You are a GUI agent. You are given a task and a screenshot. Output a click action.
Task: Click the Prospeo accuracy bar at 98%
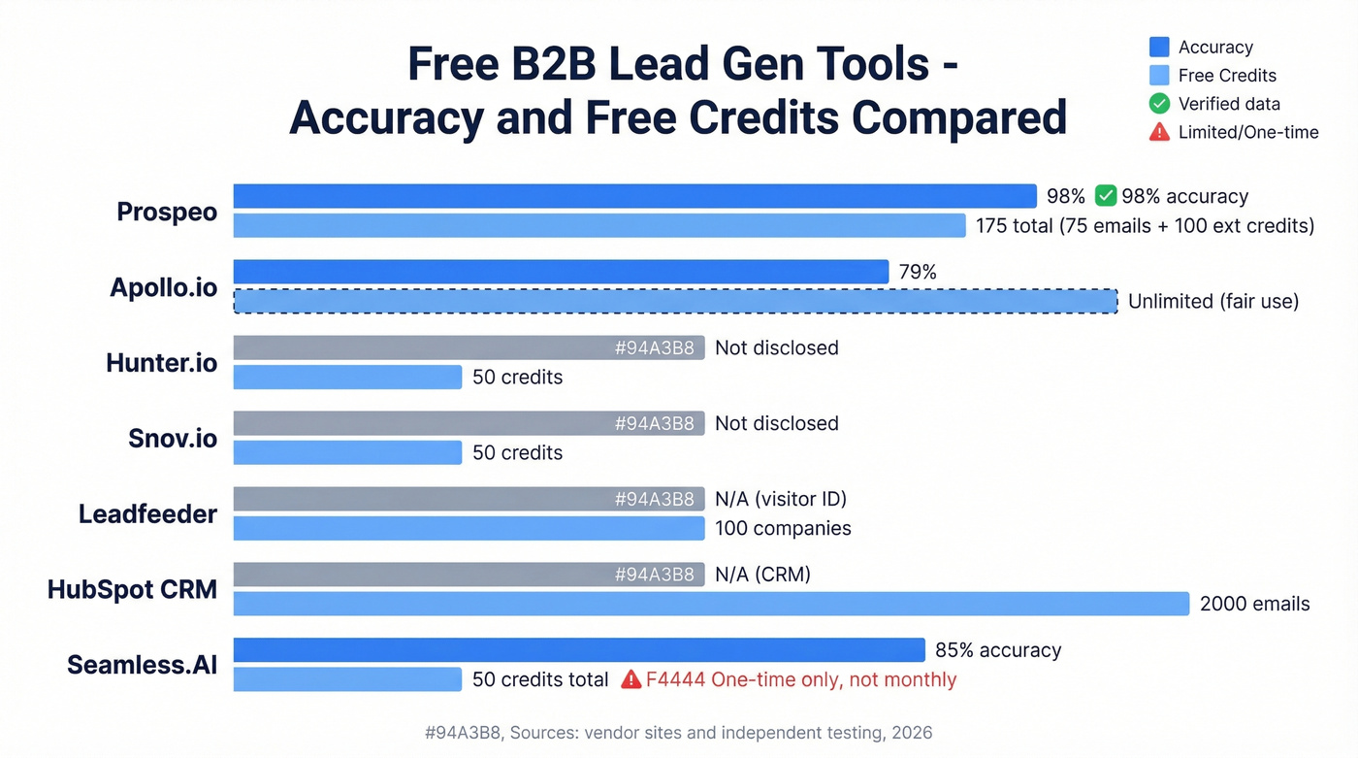635,196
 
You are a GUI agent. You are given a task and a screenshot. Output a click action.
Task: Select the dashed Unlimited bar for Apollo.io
675,301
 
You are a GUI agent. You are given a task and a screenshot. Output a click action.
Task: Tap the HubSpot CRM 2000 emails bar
711,604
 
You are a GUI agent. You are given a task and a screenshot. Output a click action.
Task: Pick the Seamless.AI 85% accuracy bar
579,650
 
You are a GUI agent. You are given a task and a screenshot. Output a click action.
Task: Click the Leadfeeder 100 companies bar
469,528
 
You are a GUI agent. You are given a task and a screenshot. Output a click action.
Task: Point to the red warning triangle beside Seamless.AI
630,679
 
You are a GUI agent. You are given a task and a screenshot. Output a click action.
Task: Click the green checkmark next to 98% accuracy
1105,196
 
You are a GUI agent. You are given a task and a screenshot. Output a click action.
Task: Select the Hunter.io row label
161,363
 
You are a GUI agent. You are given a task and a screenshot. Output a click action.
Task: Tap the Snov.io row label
173,439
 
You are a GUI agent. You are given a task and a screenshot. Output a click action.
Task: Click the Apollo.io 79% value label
918,272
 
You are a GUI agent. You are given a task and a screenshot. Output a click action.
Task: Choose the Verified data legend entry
1229,104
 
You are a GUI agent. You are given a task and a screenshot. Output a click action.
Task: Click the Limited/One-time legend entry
1247,132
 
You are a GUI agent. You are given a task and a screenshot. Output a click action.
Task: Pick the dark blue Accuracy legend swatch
1159,47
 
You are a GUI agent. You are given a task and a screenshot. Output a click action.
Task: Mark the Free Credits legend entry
1227,75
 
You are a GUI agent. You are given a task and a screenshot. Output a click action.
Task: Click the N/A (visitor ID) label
781,499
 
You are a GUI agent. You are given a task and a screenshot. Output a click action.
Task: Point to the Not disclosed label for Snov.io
776,423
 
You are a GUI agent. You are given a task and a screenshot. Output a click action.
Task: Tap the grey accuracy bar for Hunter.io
469,347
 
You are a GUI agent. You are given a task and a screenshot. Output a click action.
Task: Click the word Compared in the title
959,117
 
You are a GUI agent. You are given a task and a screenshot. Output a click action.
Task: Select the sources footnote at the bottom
678,733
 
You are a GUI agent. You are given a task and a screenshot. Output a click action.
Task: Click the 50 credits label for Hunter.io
517,377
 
